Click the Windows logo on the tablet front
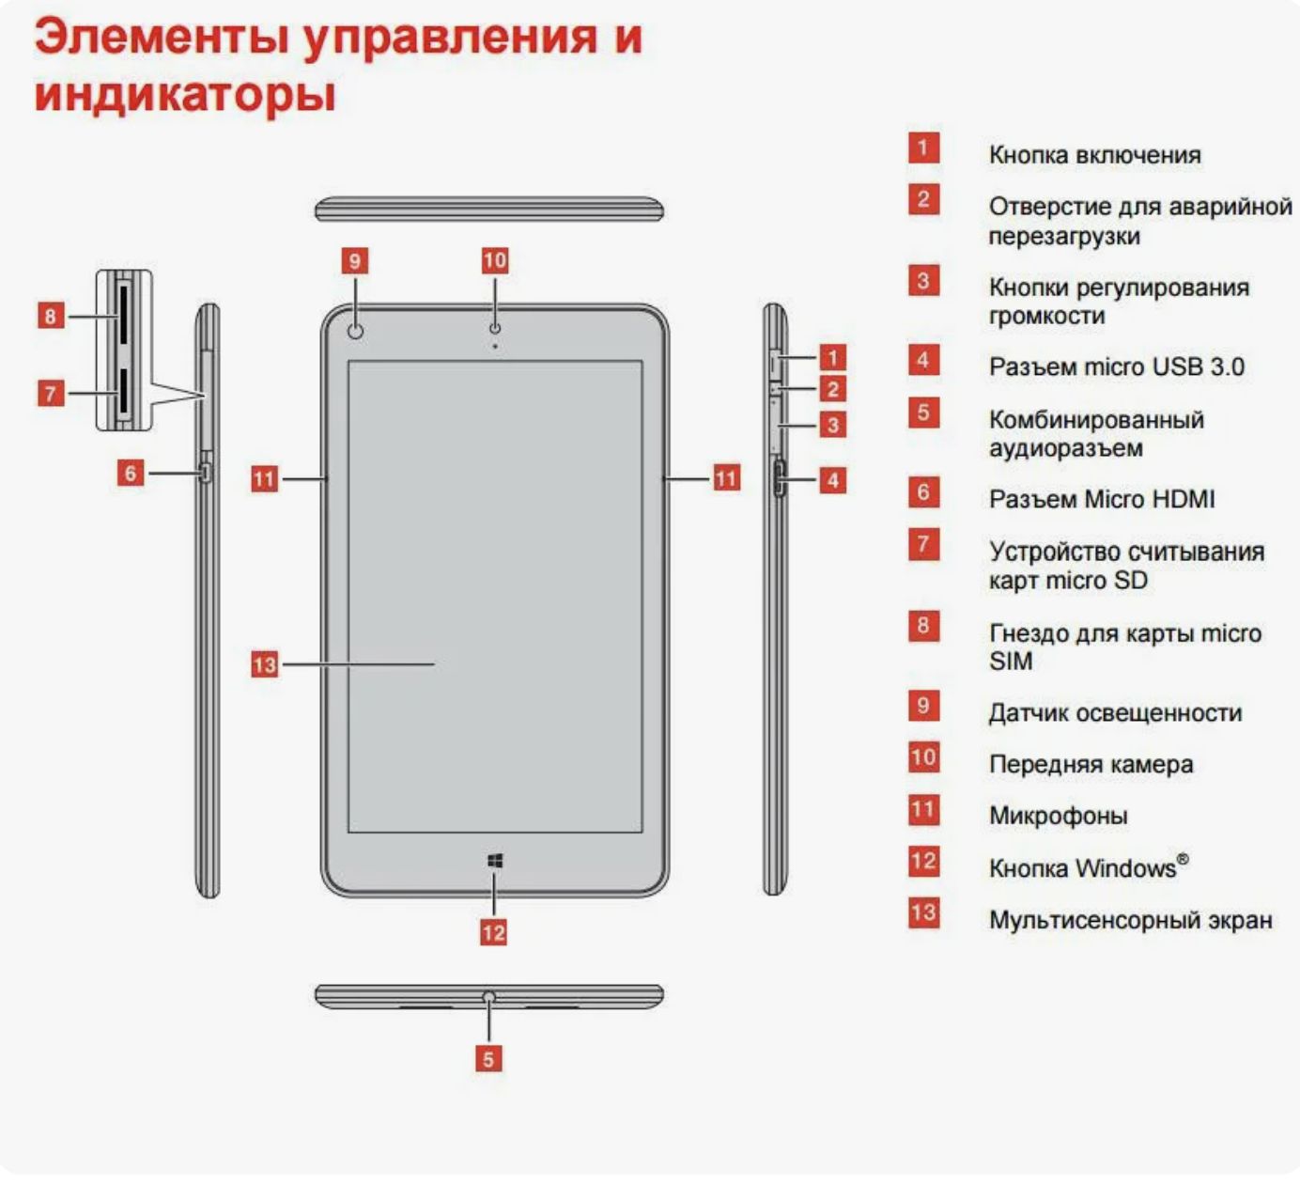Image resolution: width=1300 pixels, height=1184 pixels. click(x=495, y=861)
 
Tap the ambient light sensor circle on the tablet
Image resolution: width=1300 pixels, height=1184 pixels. click(x=355, y=332)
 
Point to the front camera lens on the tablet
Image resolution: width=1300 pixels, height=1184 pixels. click(x=495, y=329)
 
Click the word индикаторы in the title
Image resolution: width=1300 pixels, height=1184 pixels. click(x=185, y=95)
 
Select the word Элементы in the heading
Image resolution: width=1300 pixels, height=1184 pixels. click(x=162, y=37)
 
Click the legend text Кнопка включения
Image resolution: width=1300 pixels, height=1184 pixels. click(x=1094, y=155)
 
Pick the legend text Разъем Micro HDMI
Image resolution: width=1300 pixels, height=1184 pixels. click(x=1102, y=499)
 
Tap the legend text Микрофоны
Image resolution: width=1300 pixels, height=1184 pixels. click(x=1059, y=816)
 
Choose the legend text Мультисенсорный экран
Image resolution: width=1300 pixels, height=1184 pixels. click(x=1131, y=920)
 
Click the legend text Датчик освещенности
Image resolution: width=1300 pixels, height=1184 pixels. click(x=1115, y=712)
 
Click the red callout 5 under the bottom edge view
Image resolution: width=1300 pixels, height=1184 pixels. click(x=488, y=1060)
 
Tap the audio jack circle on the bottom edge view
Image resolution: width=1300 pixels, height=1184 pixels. click(x=489, y=997)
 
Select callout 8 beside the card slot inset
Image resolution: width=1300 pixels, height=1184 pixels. click(x=51, y=317)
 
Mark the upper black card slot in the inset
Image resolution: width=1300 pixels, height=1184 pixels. click(x=123, y=315)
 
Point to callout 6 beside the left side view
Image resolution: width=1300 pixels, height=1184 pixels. click(x=131, y=473)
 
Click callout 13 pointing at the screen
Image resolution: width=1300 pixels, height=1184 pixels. click(x=264, y=664)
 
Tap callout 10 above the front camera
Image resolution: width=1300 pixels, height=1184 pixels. click(x=495, y=260)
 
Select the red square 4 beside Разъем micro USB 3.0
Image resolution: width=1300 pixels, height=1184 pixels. click(x=923, y=361)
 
